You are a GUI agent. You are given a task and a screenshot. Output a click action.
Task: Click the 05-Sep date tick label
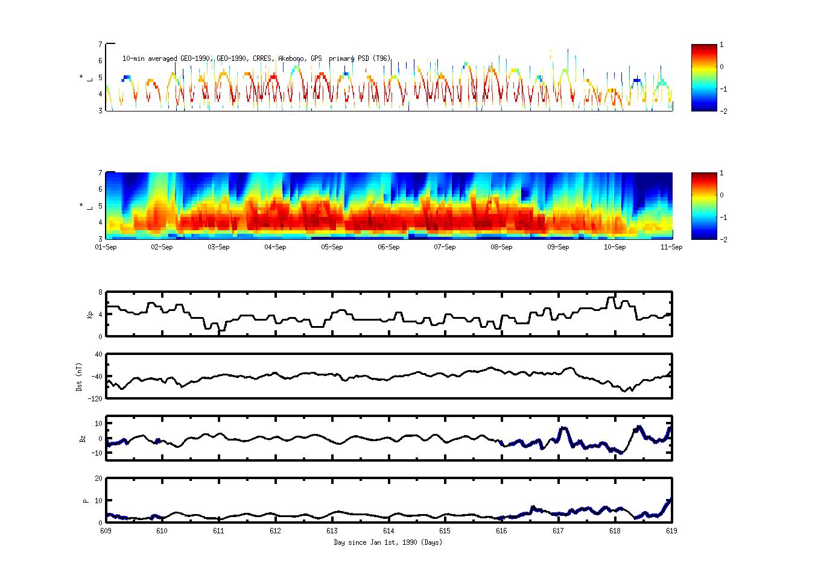332,247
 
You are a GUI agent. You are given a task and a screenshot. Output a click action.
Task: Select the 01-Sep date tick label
106,247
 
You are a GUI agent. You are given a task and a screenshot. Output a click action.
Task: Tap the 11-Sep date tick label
671,247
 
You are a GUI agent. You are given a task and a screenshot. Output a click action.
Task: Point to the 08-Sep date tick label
501,247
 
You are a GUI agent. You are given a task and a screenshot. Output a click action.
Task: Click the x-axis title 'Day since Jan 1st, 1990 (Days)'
388,542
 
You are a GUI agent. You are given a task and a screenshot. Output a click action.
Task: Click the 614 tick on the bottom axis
388,531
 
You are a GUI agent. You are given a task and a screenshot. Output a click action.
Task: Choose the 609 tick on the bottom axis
106,531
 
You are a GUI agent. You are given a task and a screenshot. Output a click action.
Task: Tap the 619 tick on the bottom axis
671,531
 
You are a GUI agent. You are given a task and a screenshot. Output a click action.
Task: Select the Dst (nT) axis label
79,377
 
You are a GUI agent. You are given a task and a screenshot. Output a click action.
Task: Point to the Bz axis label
83,438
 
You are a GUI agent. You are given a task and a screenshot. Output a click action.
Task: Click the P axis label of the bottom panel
86,501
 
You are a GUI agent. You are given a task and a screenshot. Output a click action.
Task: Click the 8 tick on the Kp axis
100,292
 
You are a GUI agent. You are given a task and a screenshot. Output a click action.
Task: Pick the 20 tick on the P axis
98,479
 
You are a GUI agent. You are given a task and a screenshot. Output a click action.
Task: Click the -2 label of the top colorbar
723,111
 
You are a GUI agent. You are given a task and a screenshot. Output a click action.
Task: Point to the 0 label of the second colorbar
722,195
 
